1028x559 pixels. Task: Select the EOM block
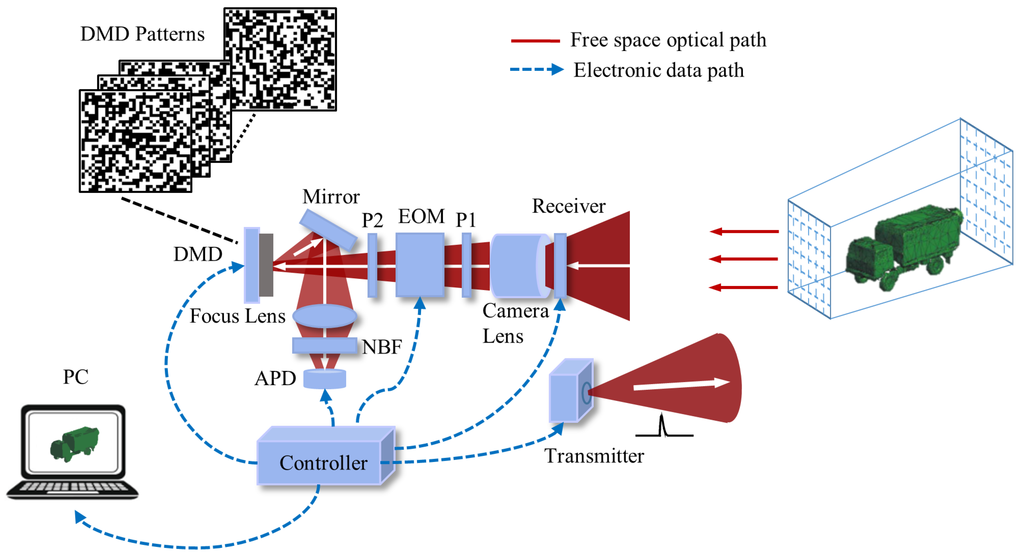420,264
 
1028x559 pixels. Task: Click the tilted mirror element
328,230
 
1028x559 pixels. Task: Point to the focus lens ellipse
324,316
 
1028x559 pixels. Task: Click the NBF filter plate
324,345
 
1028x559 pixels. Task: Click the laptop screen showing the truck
73,443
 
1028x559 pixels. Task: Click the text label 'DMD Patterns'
142,34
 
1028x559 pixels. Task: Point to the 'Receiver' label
569,206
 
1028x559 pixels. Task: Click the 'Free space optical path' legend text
668,40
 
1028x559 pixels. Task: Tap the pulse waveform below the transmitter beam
664,426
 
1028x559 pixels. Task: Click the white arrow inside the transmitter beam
682,385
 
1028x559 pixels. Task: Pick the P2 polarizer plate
372,265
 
